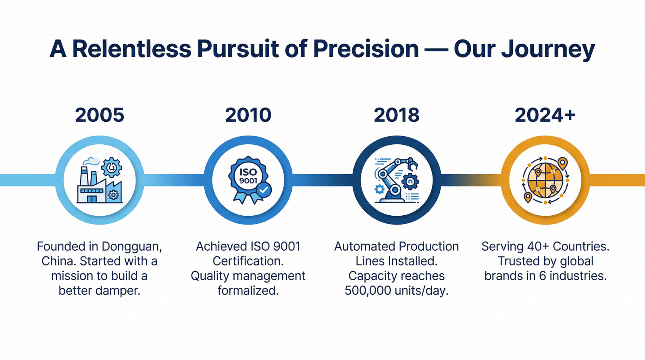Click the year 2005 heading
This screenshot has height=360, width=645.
[100, 115]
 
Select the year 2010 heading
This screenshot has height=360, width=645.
[248, 115]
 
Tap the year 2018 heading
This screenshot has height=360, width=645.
[397, 115]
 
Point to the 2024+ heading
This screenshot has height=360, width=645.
[545, 115]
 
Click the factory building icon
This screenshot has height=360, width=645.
[100, 180]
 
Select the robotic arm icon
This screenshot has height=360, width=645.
[397, 180]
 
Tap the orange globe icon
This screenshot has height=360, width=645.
[545, 180]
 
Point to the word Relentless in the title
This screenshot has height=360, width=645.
[131, 48]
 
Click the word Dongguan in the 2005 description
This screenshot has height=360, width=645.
[131, 247]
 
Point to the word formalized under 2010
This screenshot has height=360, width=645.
[248, 290]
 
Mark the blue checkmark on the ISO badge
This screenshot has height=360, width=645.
[264, 190]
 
